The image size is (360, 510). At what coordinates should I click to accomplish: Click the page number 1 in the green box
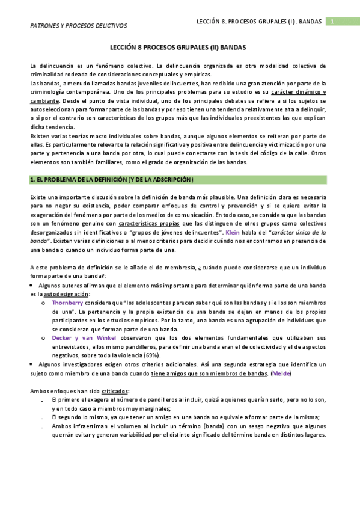(331, 22)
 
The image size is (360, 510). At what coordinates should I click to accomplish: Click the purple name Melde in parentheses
(279, 373)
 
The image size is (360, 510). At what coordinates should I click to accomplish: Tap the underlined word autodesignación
(67, 294)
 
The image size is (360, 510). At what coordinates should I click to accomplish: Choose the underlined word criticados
(115, 391)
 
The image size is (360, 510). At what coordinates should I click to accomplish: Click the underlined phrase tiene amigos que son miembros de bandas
(209, 373)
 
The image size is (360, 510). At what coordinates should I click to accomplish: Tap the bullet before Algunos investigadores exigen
(32, 364)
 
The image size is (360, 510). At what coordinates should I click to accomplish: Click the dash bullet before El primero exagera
(43, 399)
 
